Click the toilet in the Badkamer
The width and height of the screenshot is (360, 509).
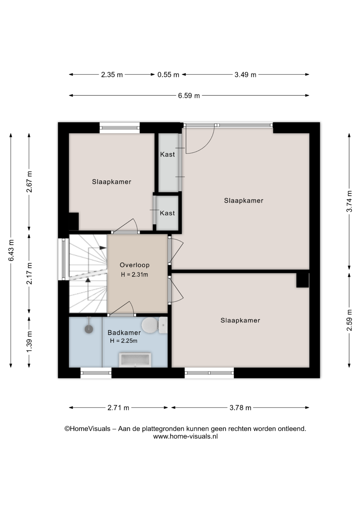coord(154,325)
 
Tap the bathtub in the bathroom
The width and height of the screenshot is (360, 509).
coord(135,360)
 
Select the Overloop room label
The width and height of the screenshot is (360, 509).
coord(135,265)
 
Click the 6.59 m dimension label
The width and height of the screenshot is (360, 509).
coord(189,96)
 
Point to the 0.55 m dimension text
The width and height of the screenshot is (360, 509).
coord(168,75)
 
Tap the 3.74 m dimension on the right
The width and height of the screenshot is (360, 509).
coord(349,201)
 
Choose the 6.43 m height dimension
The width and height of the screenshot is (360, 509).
coord(11,250)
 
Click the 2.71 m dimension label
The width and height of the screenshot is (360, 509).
coord(118,408)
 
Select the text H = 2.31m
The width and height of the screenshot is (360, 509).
coord(134,275)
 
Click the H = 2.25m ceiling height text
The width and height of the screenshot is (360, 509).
coord(124,341)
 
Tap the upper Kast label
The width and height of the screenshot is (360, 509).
coord(168,154)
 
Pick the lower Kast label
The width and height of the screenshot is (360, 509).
coord(167,213)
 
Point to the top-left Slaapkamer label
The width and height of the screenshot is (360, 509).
coord(112,182)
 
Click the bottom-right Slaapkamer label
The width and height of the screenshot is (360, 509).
coord(240,321)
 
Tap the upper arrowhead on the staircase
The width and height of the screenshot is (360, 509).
coord(103,248)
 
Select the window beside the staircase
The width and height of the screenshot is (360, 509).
coord(63,259)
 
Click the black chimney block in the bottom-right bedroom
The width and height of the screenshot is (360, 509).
coord(302,280)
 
